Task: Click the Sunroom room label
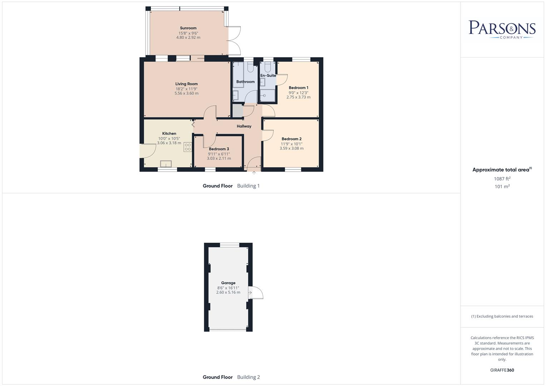tap(188, 28)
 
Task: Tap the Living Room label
tap(186, 84)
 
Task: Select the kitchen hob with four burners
tap(188, 147)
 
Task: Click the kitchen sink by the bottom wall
tap(166, 164)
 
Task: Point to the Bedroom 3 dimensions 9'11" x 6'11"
tap(219, 154)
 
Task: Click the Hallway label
tap(244, 126)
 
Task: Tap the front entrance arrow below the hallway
tap(254, 173)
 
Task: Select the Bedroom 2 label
tap(291, 139)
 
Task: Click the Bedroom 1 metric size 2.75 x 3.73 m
tap(298, 97)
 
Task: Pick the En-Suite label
tap(268, 75)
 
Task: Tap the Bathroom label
tap(245, 82)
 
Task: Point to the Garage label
tap(228, 283)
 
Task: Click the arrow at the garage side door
tap(250, 293)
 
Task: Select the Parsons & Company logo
tap(502, 29)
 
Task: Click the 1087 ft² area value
tap(502, 179)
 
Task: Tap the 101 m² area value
tap(502, 187)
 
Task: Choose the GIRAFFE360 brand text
tap(502, 370)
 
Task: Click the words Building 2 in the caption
tap(249, 377)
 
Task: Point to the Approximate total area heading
tap(502, 170)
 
